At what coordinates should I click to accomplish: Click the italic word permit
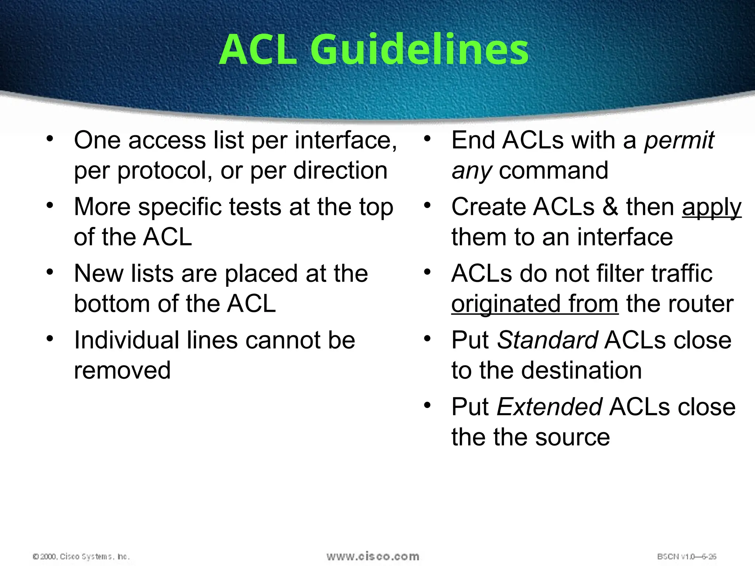[x=679, y=141]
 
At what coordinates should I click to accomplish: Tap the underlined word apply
[x=711, y=207]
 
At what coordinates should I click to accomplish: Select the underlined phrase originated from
[x=535, y=304]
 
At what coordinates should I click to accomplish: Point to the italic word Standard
[x=547, y=340]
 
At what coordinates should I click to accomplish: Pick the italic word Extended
[x=550, y=407]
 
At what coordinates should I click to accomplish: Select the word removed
[x=122, y=370]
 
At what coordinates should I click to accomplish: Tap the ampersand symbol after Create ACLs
[x=610, y=207]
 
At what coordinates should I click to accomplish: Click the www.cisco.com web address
[x=373, y=556]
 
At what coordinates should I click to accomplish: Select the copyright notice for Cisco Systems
[x=81, y=556]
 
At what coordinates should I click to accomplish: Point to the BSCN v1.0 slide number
[x=686, y=556]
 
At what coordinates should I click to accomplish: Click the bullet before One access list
[x=50, y=139]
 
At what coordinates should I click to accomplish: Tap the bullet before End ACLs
[x=427, y=139]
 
